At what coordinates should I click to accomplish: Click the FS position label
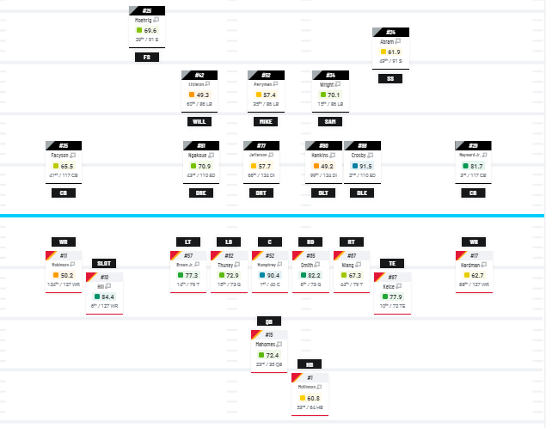click(x=147, y=57)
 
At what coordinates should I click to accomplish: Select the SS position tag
click(x=391, y=78)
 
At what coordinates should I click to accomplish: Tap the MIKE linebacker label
click(x=266, y=121)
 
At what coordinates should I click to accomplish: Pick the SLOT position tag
click(x=102, y=263)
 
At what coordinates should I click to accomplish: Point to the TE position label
click(x=391, y=262)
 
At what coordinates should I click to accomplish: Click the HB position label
click(x=310, y=364)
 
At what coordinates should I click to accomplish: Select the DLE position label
click(x=364, y=193)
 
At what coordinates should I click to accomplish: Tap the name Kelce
click(x=389, y=286)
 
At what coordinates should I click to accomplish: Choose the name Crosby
click(x=359, y=156)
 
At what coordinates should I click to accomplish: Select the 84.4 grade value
click(x=108, y=297)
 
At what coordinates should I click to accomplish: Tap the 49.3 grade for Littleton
click(x=203, y=95)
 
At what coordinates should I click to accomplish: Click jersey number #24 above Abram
click(x=391, y=32)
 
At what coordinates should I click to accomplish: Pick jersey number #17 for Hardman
click(x=474, y=255)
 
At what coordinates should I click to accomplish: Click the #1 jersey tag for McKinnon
click(x=310, y=378)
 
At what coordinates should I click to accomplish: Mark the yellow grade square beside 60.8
click(x=303, y=398)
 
